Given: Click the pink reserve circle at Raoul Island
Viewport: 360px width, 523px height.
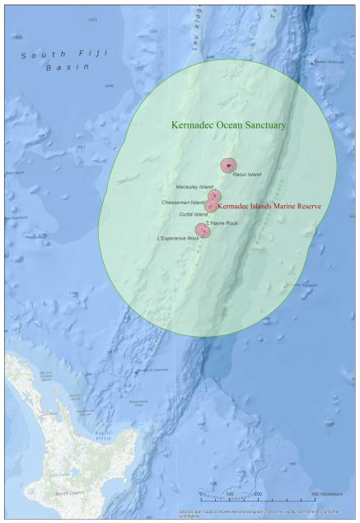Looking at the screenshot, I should point(228,166).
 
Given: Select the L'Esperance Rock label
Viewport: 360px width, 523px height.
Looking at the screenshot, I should point(177,239).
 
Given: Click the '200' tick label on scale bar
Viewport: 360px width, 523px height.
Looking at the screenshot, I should point(258,493).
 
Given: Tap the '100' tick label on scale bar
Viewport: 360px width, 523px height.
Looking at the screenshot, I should point(230,493).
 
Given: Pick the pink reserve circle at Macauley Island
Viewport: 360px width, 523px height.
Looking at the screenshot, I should point(214,196).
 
